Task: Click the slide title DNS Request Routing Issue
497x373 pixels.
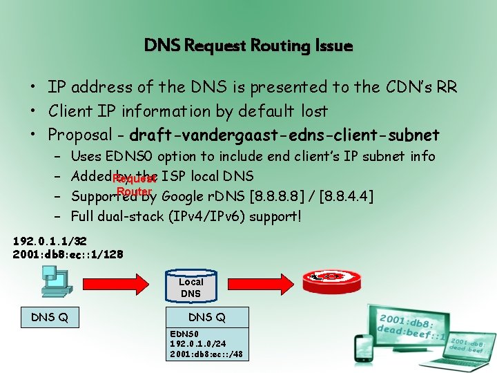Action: [x=248, y=46]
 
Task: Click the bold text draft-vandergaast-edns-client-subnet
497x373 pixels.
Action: [x=284, y=133]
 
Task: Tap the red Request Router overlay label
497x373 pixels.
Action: [x=134, y=184]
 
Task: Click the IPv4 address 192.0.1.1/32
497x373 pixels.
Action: [x=49, y=242]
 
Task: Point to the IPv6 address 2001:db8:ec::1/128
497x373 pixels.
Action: [x=68, y=254]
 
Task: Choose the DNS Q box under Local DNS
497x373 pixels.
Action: [x=206, y=318]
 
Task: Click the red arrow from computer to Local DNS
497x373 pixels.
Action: [x=113, y=283]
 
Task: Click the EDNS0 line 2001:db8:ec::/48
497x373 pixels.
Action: [x=206, y=354]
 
